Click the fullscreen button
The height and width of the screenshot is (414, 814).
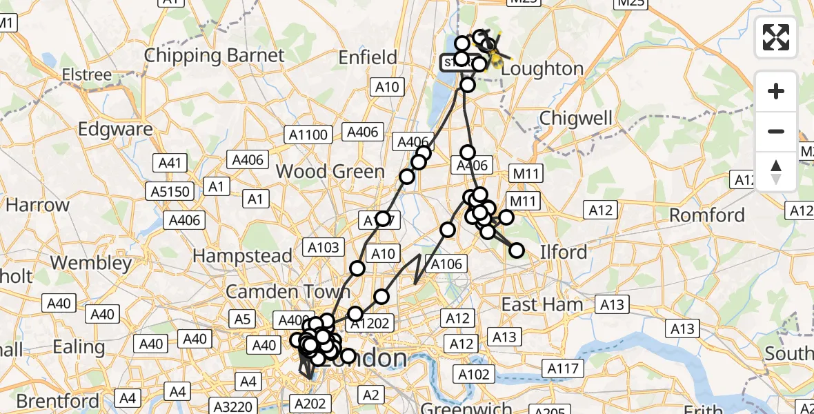(x=776, y=37)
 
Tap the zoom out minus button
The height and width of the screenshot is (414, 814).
(x=776, y=131)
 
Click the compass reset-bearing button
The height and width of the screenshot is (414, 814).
(x=776, y=172)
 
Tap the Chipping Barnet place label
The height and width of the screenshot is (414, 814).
(x=214, y=56)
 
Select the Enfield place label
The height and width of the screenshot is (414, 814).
(x=368, y=57)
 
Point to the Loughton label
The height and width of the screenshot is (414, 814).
(x=542, y=69)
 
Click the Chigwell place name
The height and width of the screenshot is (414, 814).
(x=576, y=118)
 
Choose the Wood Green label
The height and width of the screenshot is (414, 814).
(x=330, y=171)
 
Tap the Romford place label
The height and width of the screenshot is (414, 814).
(x=707, y=215)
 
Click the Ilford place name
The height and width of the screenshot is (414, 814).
(x=564, y=252)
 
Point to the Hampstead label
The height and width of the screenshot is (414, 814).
(x=242, y=256)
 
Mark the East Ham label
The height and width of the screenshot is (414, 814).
(x=542, y=304)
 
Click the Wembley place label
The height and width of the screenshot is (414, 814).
(x=90, y=263)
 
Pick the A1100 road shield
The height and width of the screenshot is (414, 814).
(x=308, y=135)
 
